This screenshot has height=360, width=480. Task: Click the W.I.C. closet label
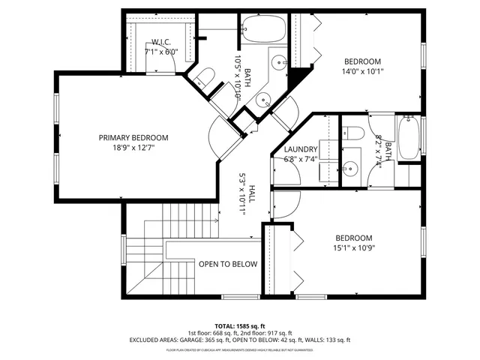(162, 42)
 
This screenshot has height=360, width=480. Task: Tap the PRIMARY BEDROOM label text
(133, 138)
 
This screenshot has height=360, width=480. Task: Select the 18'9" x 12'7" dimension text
(133, 148)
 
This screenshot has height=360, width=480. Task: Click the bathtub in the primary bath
(264, 30)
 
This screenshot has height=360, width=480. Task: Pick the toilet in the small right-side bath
(355, 134)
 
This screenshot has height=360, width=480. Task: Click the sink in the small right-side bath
(351, 168)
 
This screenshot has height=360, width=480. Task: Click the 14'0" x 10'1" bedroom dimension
(362, 73)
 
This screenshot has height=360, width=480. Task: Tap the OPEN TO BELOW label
(227, 264)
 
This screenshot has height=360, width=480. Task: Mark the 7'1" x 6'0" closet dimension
(162, 52)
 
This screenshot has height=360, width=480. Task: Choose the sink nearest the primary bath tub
(277, 62)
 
